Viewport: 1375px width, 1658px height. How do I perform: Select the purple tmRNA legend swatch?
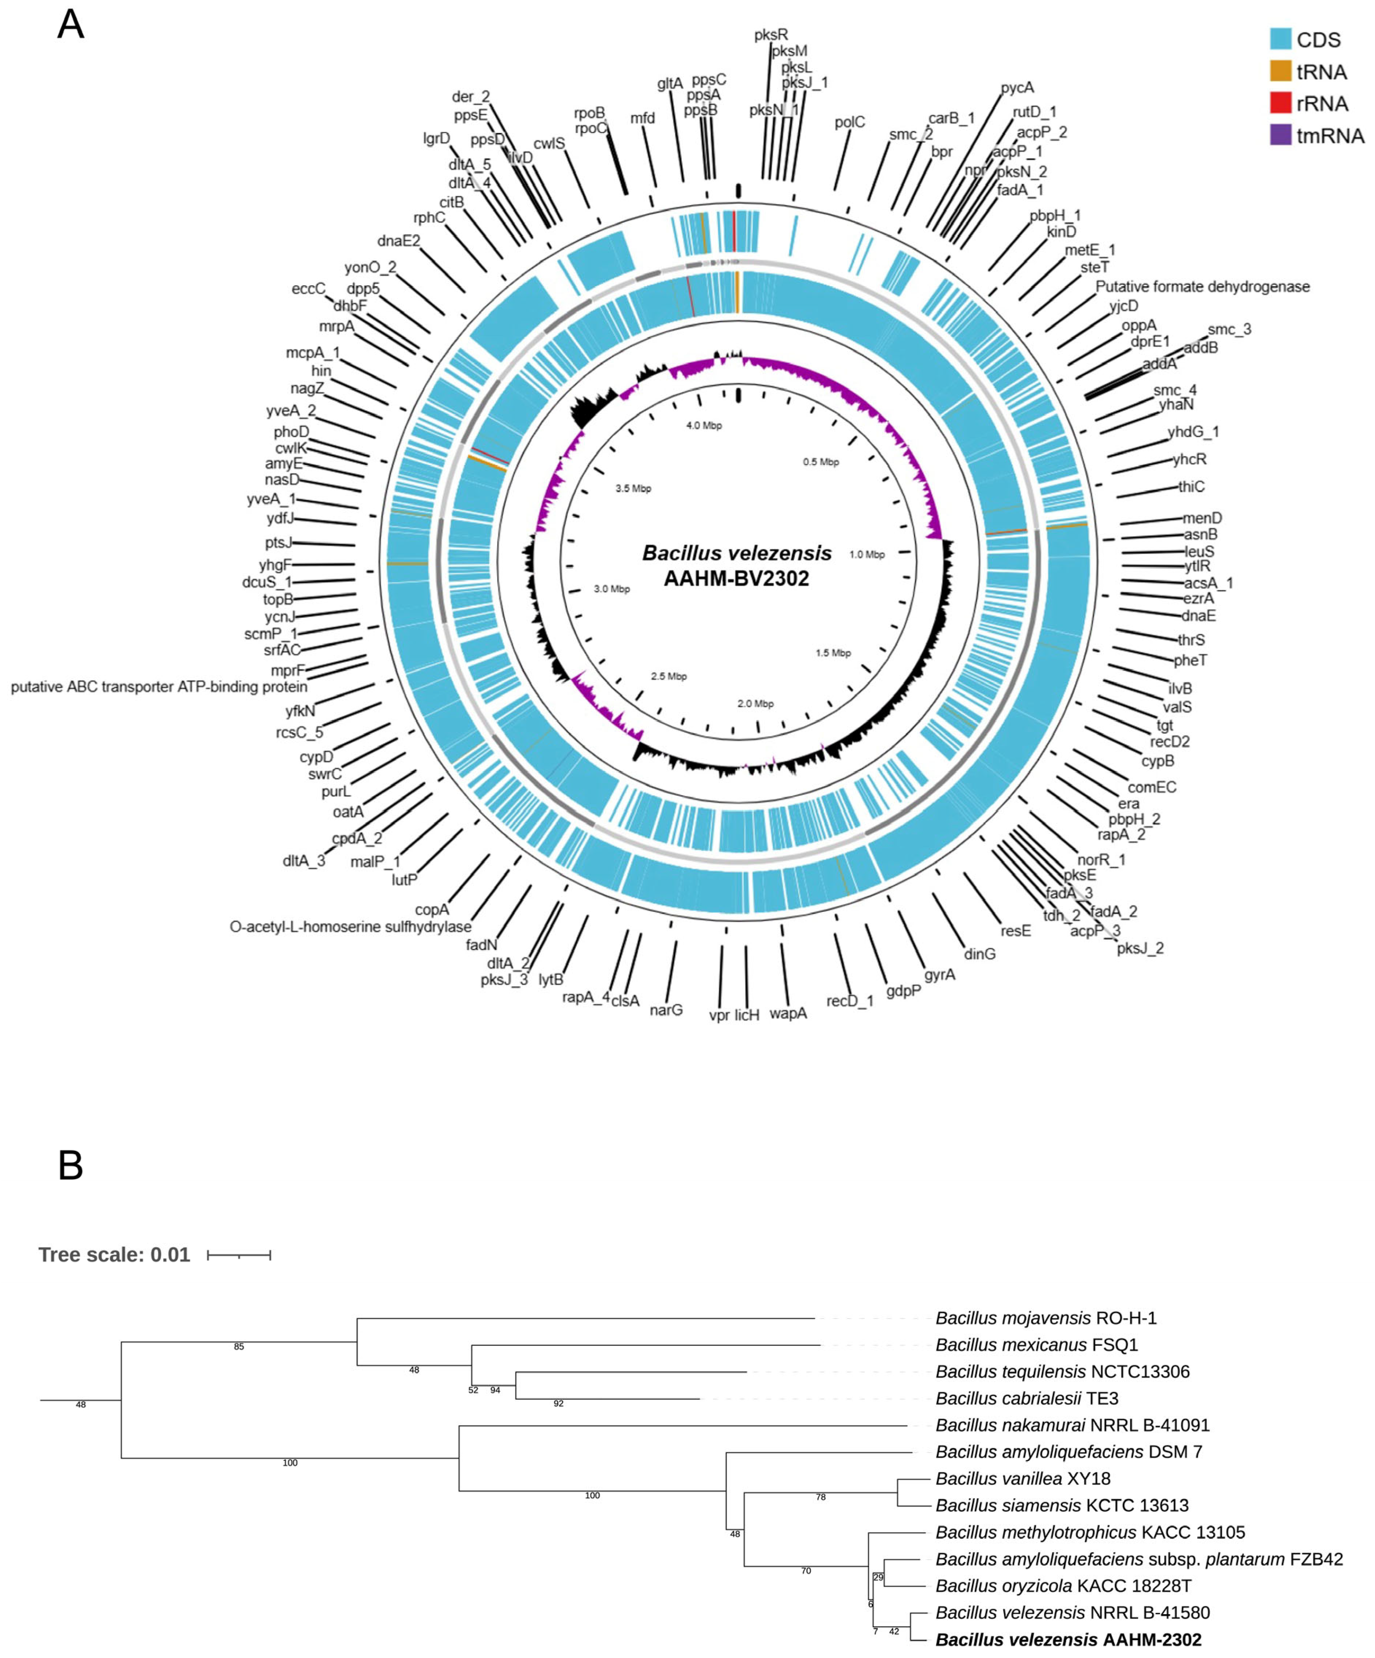click(1280, 135)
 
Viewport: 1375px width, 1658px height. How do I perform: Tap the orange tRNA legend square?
click(1280, 72)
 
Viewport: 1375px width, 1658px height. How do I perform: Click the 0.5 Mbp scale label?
click(821, 462)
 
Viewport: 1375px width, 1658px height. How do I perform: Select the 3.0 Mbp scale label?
click(612, 589)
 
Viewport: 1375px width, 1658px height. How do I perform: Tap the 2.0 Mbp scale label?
click(755, 704)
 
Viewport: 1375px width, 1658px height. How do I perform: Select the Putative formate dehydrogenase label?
click(1202, 287)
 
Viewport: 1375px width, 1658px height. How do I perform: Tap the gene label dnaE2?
click(398, 241)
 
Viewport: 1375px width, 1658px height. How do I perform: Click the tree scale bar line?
click(239, 1255)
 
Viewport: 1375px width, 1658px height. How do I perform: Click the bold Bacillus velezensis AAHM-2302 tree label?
click(1068, 1640)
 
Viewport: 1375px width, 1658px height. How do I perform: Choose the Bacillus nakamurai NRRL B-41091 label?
click(1072, 1425)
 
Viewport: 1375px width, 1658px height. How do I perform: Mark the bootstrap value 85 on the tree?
click(239, 1347)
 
